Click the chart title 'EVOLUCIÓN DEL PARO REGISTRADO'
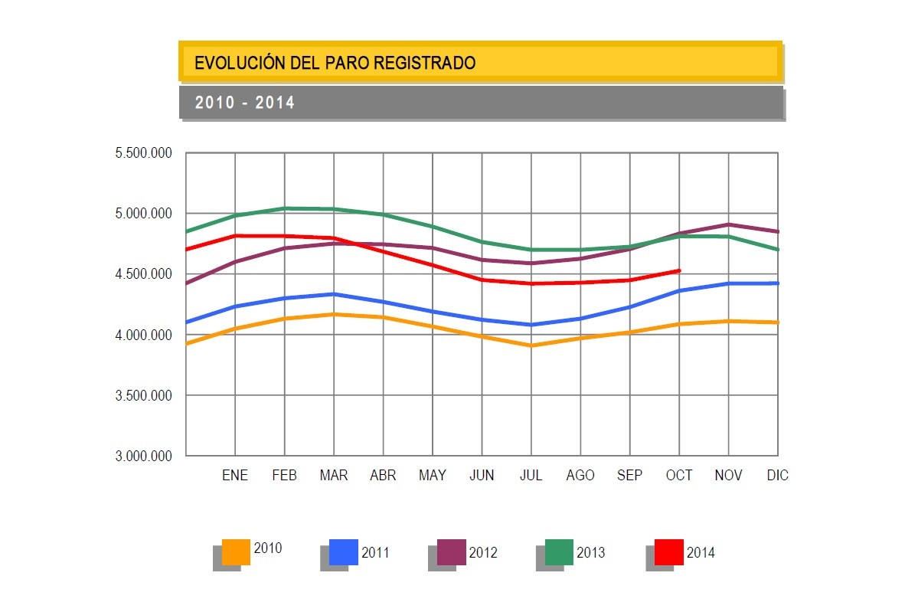[x=335, y=63]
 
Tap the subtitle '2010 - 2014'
[x=245, y=103]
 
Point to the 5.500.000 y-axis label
[x=143, y=153]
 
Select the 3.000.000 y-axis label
[x=143, y=457]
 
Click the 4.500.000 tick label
[x=143, y=274]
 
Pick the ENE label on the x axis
[x=235, y=476]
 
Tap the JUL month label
[x=531, y=476]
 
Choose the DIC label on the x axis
[x=777, y=476]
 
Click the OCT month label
[x=679, y=476]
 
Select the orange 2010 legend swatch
[x=236, y=551]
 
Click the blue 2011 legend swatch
[x=344, y=551]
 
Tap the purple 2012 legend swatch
[x=452, y=551]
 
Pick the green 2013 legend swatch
[x=559, y=551]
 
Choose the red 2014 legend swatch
[x=668, y=551]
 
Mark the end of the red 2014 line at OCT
[x=679, y=270]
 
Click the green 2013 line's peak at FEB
[x=285, y=208]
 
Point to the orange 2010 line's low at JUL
[x=531, y=345]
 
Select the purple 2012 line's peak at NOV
[x=728, y=224]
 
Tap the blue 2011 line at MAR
[x=334, y=294]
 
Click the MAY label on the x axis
[x=433, y=476]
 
